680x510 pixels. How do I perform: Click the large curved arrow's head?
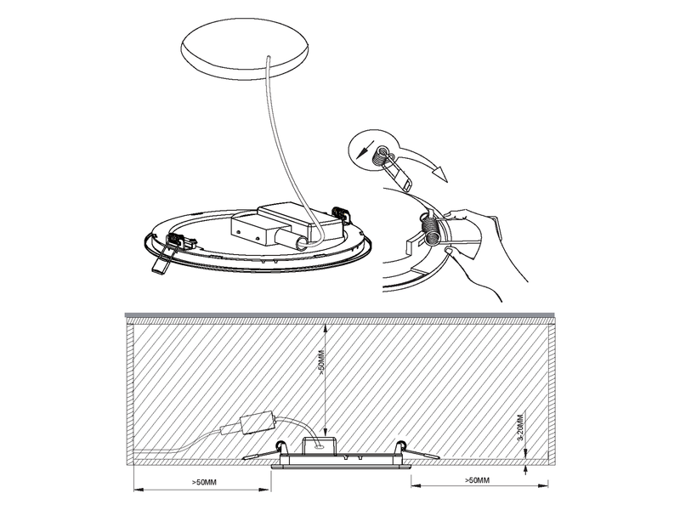tap(440, 174)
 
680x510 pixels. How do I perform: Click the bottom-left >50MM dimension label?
tap(204, 482)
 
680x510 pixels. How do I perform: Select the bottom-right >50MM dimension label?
tap(477, 480)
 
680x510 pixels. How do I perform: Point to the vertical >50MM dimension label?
tap(321, 362)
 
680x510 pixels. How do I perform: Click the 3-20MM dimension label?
tap(520, 428)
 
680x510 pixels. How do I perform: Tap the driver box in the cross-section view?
tap(258, 422)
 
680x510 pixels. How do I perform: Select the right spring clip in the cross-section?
tap(416, 450)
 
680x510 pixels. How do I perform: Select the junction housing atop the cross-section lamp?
tap(320, 445)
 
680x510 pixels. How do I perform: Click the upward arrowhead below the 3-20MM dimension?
tap(525, 469)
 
